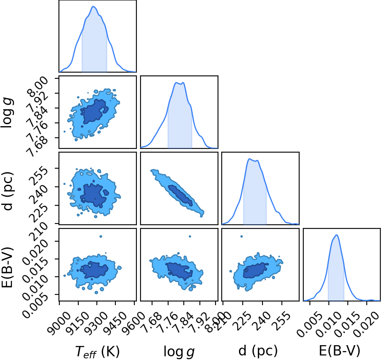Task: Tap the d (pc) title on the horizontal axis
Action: (x=258, y=351)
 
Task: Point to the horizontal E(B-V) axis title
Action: (x=340, y=351)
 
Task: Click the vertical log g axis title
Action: (x=7, y=113)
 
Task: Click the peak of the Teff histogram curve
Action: (x=93, y=6)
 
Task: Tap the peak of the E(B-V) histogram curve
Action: (x=337, y=235)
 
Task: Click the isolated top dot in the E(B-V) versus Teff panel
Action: (x=101, y=236)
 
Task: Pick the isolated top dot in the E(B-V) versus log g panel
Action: (x=190, y=236)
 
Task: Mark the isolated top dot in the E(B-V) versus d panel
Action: (x=241, y=236)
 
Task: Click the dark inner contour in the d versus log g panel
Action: (x=180, y=195)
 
